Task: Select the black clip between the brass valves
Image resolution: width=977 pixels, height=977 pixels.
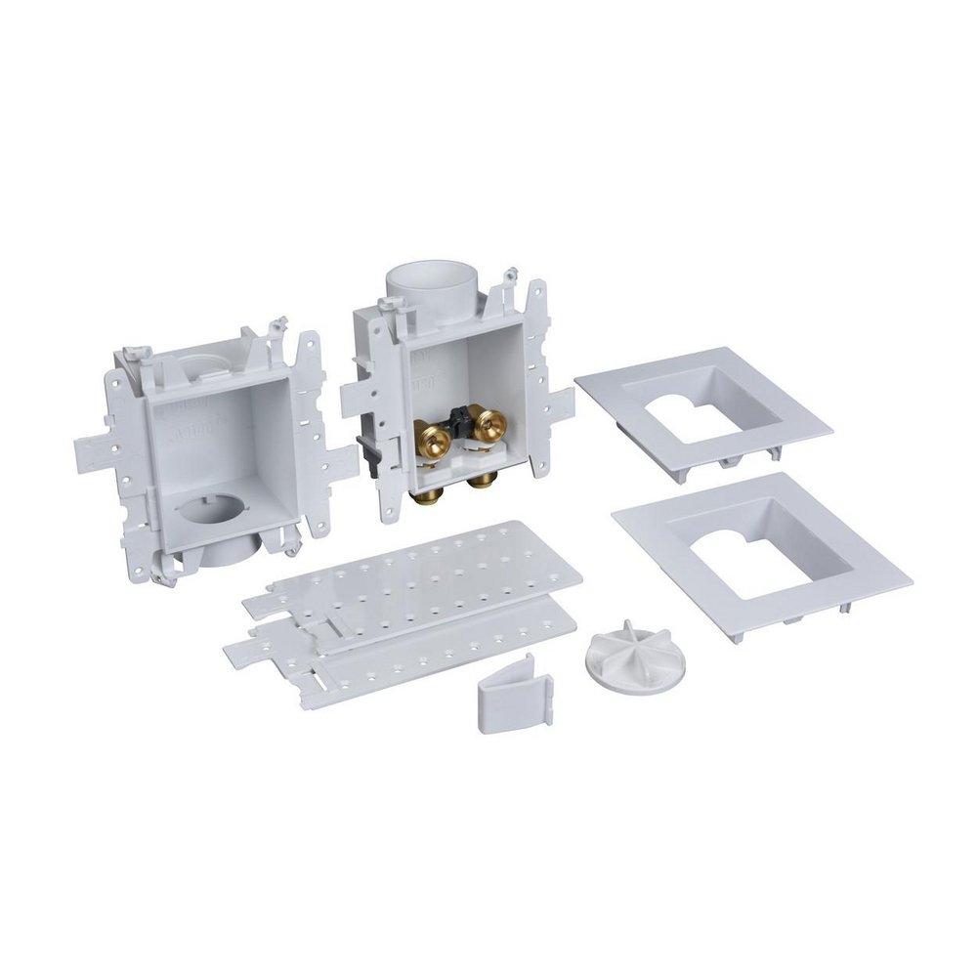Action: tap(460, 420)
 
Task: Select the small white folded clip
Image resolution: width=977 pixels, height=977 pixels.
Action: tap(513, 691)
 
